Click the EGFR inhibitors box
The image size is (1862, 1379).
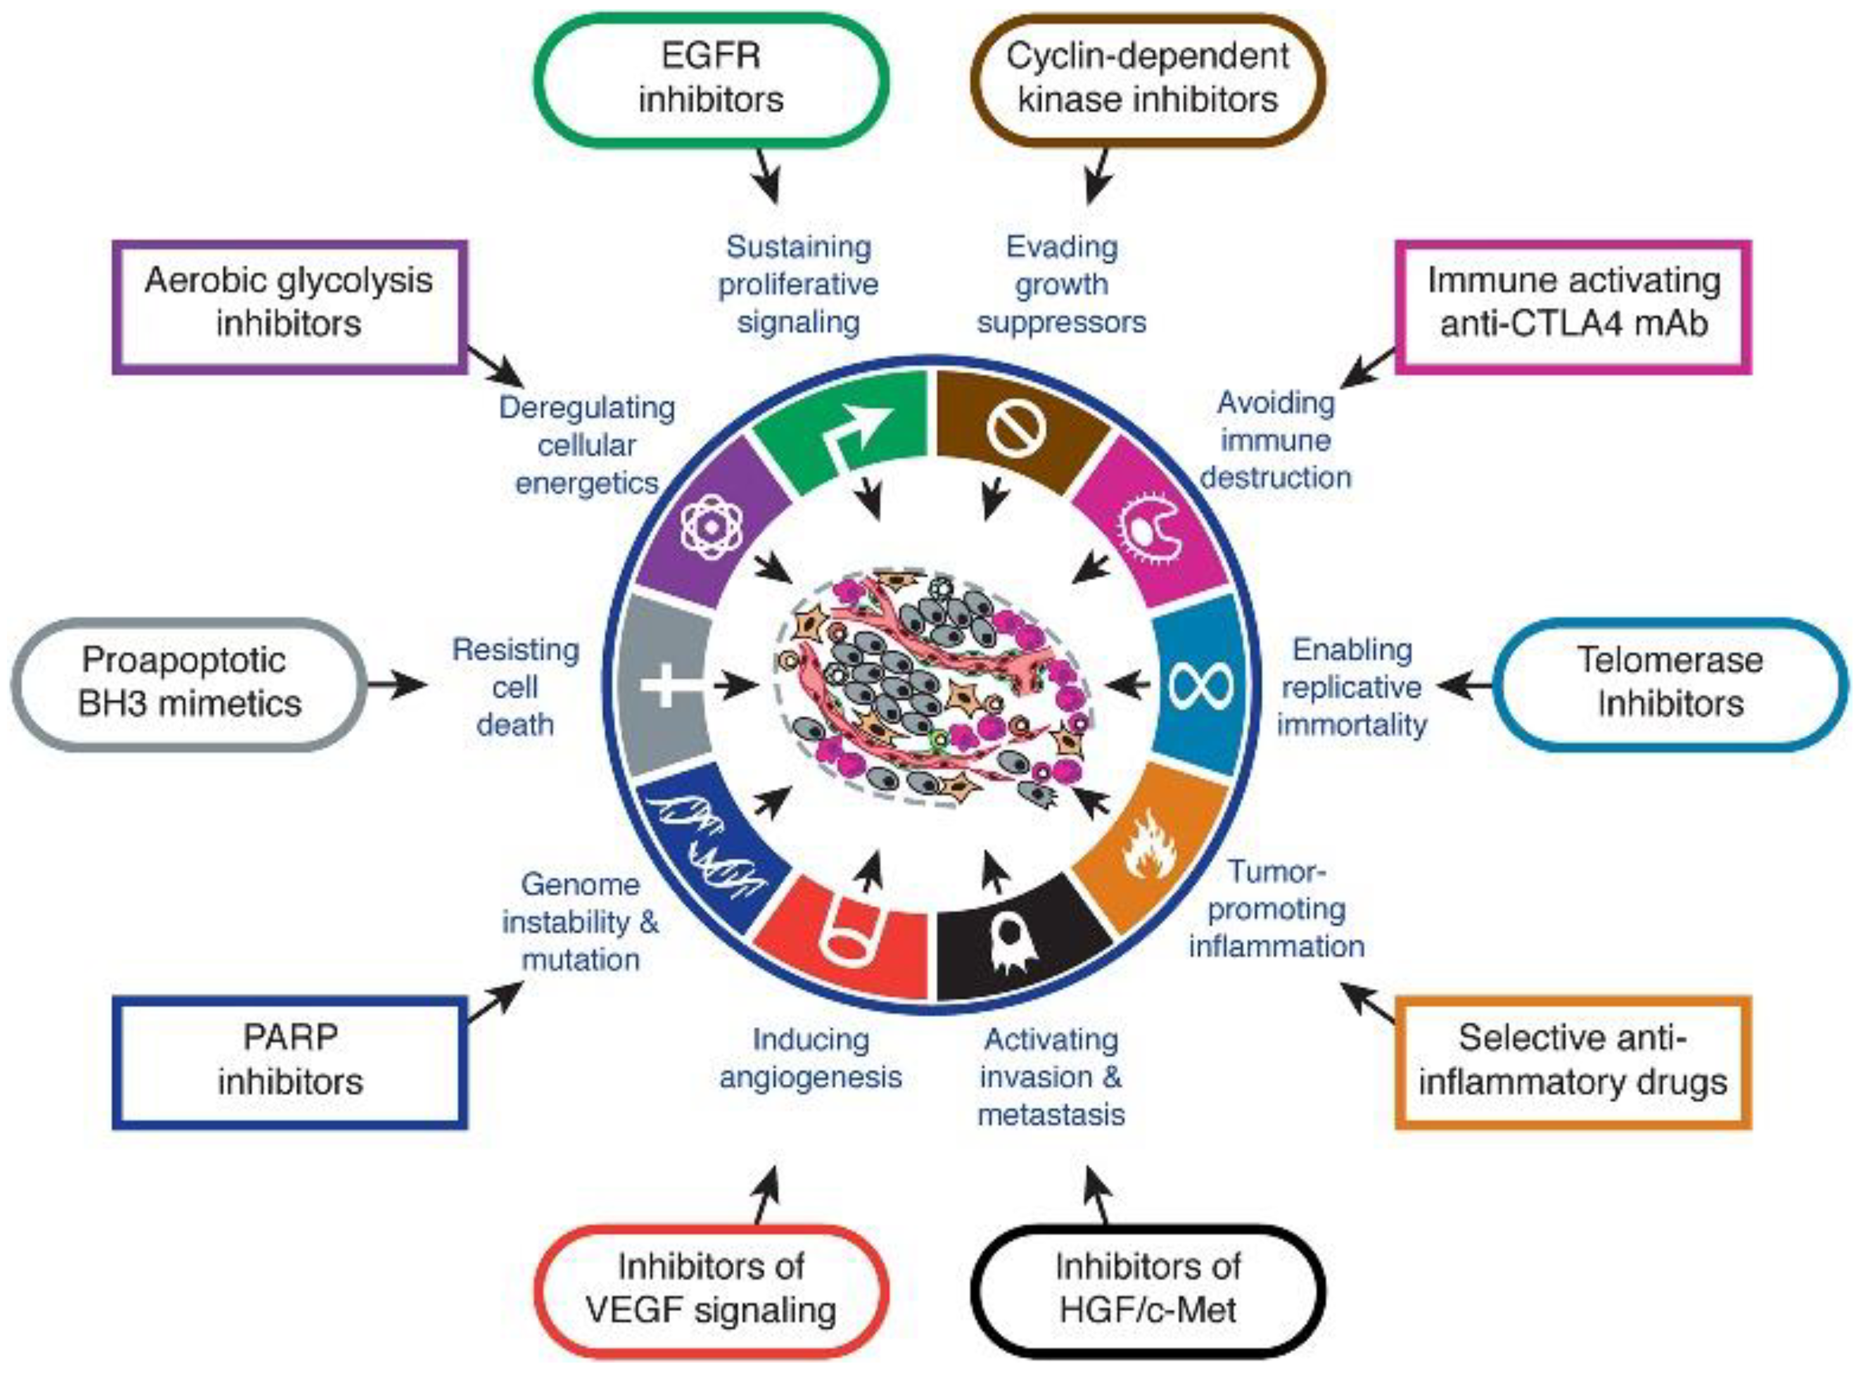(x=711, y=79)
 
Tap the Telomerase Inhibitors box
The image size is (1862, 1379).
(x=1670, y=682)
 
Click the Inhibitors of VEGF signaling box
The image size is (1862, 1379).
(x=711, y=1288)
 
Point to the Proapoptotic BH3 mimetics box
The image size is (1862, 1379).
(x=189, y=682)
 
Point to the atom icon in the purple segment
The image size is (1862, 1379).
(x=711, y=527)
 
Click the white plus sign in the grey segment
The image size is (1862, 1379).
(x=666, y=685)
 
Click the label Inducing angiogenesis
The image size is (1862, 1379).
(x=810, y=1059)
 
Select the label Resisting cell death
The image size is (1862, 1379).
(x=515, y=687)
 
